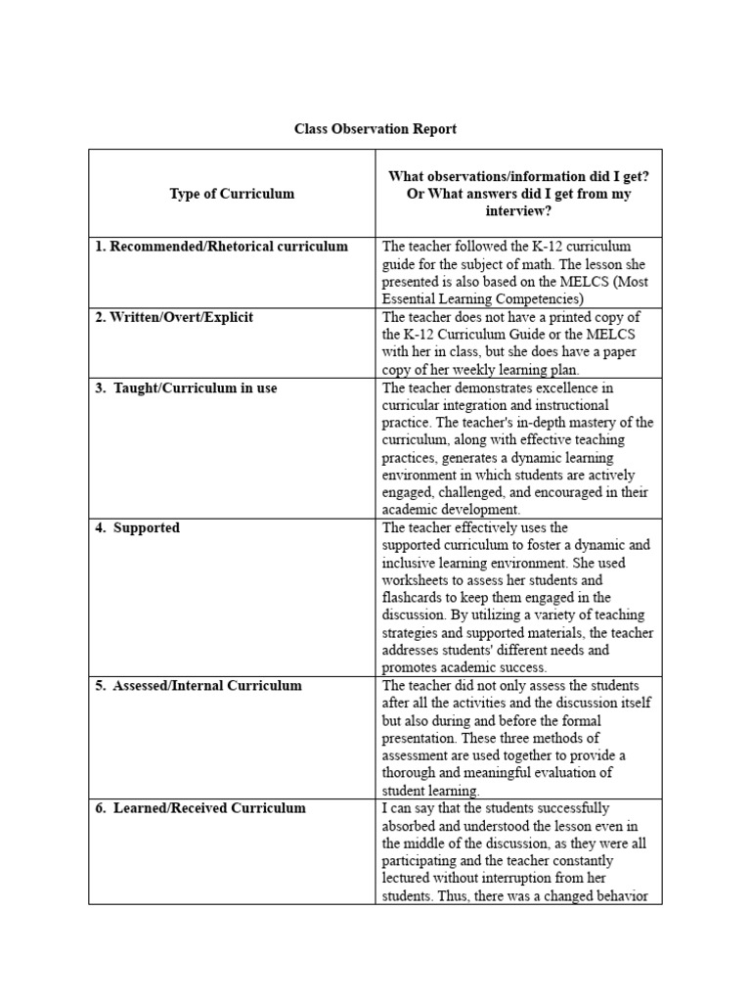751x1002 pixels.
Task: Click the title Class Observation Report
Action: pos(375,129)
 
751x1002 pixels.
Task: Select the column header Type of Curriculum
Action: pos(232,194)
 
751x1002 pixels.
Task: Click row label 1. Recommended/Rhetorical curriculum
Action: pos(221,247)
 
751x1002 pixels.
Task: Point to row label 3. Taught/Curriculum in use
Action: pos(186,387)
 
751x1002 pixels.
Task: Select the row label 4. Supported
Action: pos(138,527)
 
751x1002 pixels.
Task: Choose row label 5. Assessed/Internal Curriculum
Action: pos(199,685)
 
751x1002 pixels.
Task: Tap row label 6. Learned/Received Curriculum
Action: pos(200,808)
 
